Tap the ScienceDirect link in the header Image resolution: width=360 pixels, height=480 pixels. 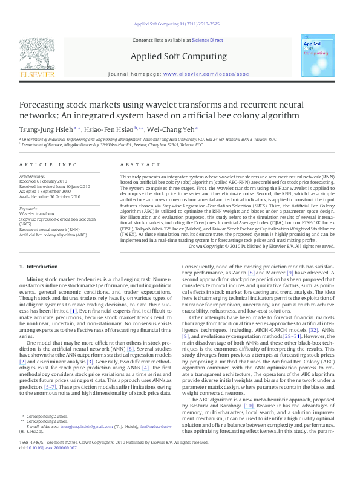click(x=208, y=40)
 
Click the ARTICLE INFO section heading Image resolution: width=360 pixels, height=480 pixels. click(x=48, y=164)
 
